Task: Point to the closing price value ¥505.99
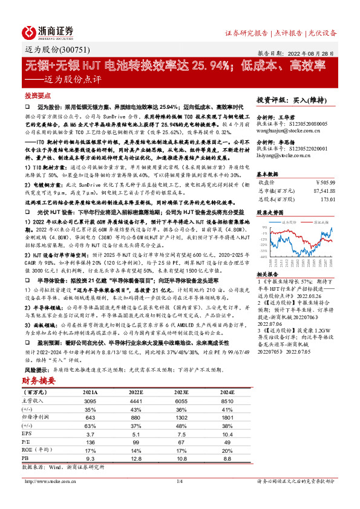coord(324,181)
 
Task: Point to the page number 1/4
coord(180,481)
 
